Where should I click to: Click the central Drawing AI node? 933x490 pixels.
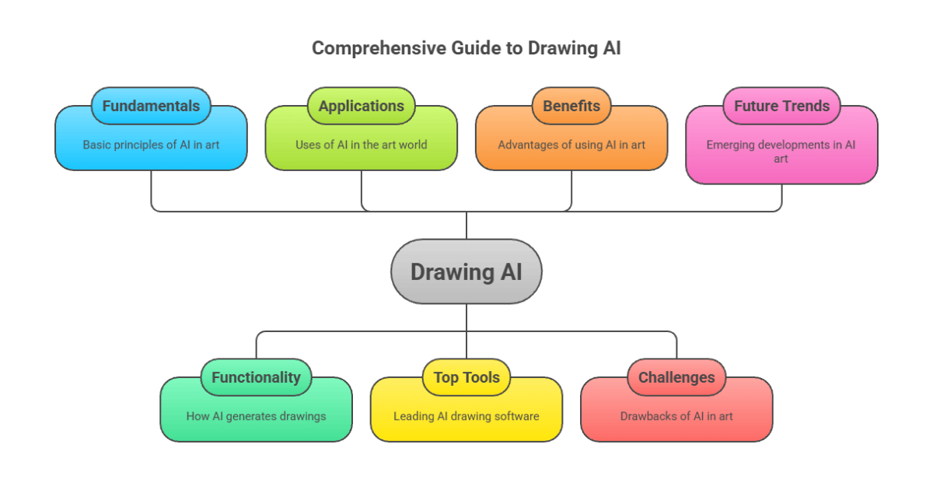click(466, 271)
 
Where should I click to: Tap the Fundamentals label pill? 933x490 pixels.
click(151, 106)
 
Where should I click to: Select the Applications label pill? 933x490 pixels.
click(361, 106)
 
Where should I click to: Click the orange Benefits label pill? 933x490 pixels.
click(571, 106)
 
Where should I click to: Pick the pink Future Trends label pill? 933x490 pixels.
click(781, 106)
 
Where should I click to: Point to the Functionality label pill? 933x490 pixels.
click(256, 377)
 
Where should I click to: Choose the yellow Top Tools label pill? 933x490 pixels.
click(466, 377)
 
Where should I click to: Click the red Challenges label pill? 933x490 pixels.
click(676, 377)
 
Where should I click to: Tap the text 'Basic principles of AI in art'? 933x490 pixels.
click(151, 145)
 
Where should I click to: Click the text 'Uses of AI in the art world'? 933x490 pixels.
click(361, 145)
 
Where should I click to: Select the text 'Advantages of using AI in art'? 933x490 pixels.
click(571, 145)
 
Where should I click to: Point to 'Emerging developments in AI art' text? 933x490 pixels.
click(781, 152)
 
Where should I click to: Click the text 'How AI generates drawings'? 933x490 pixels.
click(256, 416)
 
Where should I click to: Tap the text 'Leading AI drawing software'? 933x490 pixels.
click(466, 416)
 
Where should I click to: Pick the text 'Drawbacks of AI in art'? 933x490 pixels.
click(676, 416)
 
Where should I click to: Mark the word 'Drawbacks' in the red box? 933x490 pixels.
click(647, 416)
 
